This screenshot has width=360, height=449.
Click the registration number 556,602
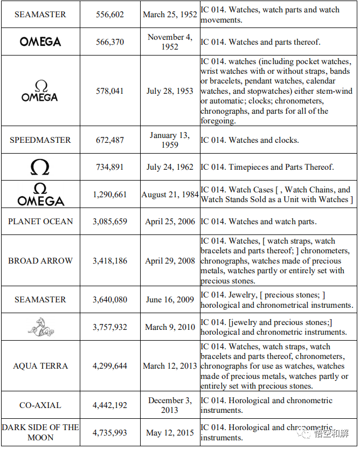(110, 15)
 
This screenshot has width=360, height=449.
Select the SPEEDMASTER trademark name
(40, 140)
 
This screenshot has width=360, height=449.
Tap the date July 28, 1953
(170, 91)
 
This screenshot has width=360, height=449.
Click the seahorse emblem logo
(40, 327)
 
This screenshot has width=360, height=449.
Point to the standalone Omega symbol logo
(40, 167)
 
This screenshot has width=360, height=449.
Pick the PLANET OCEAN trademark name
(40, 222)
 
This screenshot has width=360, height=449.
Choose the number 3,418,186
(110, 261)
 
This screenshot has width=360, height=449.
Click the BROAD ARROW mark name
(40, 261)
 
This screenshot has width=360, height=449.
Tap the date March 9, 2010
(170, 327)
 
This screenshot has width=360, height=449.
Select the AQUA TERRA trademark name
(40, 366)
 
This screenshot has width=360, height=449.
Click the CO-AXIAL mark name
(40, 405)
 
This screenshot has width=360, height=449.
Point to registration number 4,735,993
(110, 432)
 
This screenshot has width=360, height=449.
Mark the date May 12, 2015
(170, 432)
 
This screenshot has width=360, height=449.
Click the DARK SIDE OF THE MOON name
(40, 432)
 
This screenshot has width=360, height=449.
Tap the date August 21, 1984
(170, 195)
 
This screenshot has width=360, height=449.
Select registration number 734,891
(110, 167)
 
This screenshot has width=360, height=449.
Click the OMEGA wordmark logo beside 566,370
(40, 42)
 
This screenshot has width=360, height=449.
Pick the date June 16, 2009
(170, 300)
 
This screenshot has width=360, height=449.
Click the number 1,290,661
(110, 195)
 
